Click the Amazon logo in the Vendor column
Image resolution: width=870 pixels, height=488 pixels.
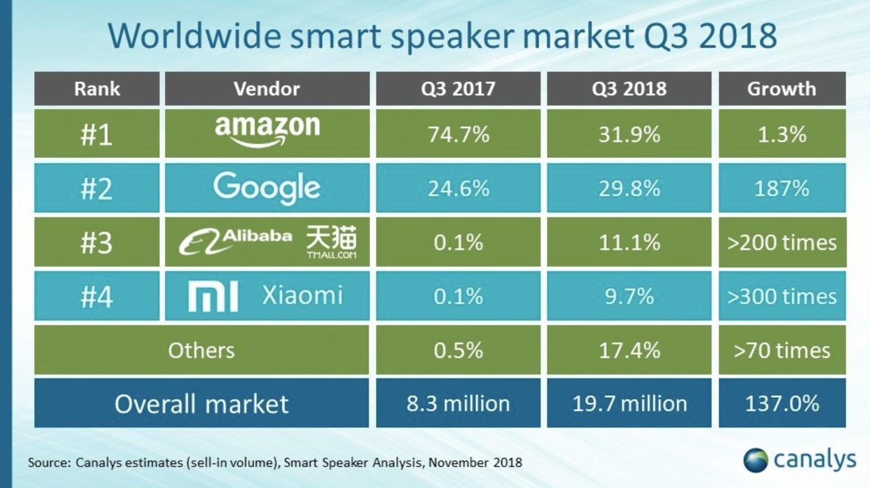click(267, 131)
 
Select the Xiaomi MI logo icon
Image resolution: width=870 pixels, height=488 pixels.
click(213, 296)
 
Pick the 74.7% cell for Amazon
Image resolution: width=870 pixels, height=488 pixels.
click(458, 134)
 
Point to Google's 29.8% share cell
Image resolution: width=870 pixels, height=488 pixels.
click(629, 188)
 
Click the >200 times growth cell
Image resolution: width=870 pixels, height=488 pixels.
click(782, 242)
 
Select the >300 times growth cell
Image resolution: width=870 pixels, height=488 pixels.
click(782, 296)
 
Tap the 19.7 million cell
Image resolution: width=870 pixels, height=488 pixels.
click(629, 403)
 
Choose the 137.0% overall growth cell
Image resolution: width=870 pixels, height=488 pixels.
click(782, 403)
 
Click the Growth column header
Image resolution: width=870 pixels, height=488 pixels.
click(782, 88)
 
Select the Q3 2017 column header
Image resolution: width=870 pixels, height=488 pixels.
click(458, 88)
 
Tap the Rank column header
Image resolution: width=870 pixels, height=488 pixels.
click(97, 88)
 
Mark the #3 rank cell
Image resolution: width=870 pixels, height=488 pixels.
click(97, 242)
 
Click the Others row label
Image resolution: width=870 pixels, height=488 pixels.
click(201, 350)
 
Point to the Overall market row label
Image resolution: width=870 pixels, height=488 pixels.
click(201, 403)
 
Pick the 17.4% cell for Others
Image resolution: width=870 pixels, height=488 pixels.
click(629, 350)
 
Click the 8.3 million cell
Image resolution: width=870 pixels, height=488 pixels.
click(458, 403)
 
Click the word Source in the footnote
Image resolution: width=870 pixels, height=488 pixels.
click(48, 462)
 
